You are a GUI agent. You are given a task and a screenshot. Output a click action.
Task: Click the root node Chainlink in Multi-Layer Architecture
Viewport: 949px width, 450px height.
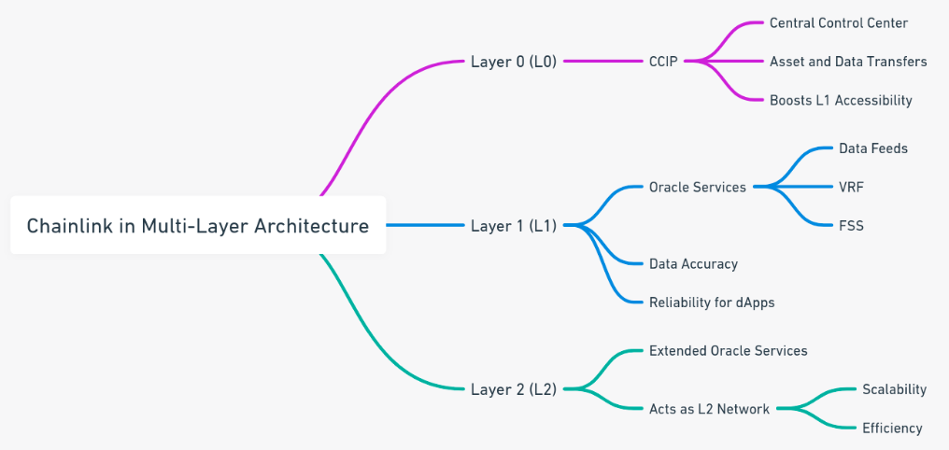[198, 225]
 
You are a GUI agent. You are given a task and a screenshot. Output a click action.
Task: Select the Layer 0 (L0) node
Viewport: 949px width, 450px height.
[513, 61]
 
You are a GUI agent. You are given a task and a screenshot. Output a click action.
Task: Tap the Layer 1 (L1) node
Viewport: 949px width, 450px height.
[513, 226]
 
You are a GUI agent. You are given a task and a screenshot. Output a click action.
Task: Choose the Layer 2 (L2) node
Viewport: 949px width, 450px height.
[513, 389]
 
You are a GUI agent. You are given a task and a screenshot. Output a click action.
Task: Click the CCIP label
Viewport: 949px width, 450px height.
[663, 61]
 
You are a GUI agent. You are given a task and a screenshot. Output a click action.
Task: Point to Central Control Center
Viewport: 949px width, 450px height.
[839, 23]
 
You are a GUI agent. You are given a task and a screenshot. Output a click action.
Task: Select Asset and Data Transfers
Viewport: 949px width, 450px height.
[848, 61]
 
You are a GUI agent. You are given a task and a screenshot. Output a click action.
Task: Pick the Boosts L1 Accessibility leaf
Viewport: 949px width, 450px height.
[841, 101]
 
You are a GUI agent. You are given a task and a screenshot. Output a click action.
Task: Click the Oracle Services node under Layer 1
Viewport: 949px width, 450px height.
[697, 187]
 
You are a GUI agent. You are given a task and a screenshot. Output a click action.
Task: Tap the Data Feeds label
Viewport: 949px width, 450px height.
[873, 148]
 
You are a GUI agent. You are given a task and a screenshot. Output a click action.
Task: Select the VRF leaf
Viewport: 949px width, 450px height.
[851, 187]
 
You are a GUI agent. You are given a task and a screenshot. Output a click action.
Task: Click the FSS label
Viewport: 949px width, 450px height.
[851, 226]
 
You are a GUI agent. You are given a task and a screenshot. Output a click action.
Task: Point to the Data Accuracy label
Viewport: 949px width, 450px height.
[693, 263]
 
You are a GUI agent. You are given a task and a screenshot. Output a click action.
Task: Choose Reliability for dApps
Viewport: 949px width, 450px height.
[712, 302]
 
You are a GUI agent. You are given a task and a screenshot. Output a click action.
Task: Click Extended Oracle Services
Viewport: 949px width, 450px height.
[728, 350]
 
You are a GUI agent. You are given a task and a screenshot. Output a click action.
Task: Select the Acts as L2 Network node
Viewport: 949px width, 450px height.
[709, 409]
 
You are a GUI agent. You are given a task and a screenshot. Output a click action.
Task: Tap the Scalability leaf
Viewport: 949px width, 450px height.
[895, 389]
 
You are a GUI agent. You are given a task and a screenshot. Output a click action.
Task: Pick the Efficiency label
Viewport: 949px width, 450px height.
[892, 429]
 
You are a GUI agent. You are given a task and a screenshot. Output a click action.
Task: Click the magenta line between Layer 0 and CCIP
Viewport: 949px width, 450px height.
[602, 61]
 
